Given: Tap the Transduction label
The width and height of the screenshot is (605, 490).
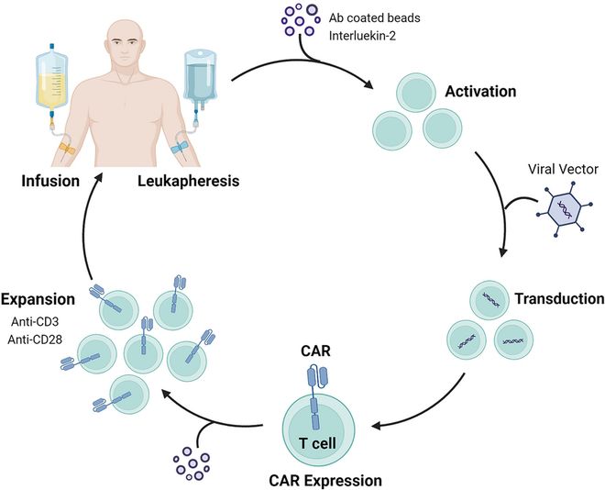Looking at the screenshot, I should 557,299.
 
